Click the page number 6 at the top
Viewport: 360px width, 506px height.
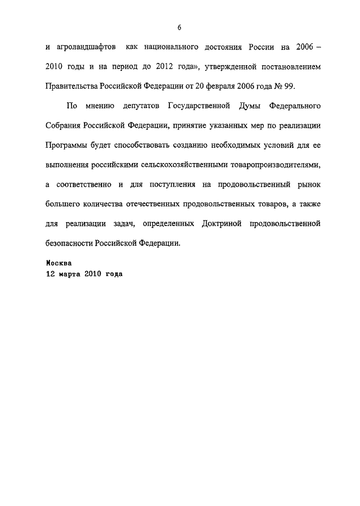(x=179, y=28)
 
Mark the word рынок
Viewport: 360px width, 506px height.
(x=307, y=183)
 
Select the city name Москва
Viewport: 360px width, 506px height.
(x=58, y=263)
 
